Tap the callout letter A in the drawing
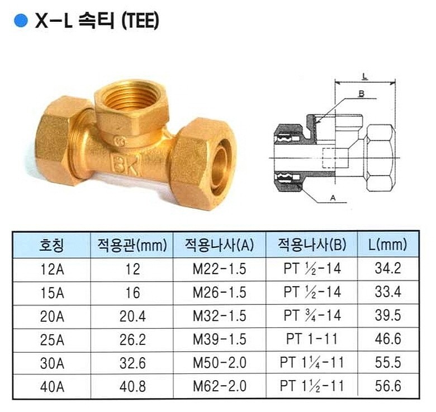pyautogui.click(x=334, y=198)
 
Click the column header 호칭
pyautogui.click(x=52, y=245)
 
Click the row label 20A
pyautogui.click(x=52, y=316)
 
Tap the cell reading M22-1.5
pyautogui.click(x=219, y=269)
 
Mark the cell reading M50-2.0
pyautogui.click(x=219, y=363)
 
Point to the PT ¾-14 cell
pyautogui.click(x=311, y=316)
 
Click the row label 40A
pyautogui.click(x=52, y=387)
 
